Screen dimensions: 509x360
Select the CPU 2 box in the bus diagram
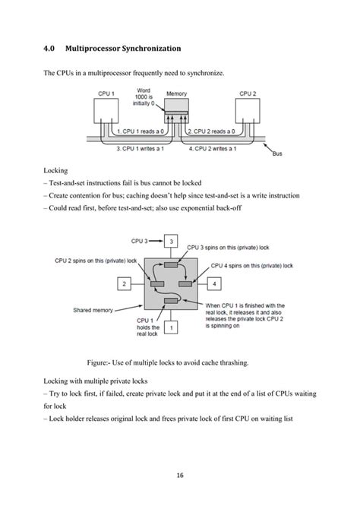[245, 112]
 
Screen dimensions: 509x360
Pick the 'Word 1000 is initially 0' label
[144, 97]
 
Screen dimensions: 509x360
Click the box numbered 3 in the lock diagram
[172, 242]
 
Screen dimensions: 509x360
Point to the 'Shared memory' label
[93, 310]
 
